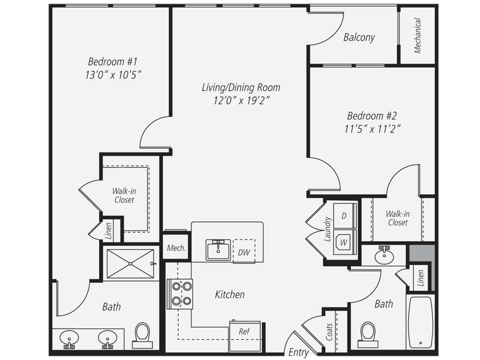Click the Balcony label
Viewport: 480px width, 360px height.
359,37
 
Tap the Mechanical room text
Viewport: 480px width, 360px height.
418,36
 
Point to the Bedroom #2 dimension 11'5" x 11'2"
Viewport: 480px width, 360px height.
372,129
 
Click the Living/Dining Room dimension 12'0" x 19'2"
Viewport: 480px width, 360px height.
241,100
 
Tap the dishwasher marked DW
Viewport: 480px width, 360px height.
244,251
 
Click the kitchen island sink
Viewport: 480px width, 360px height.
218,250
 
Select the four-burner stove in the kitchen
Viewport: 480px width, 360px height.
180,294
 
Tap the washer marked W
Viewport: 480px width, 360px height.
345,242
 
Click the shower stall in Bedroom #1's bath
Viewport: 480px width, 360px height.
130,264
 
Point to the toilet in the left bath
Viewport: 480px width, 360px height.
143,336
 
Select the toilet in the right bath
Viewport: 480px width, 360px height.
367,334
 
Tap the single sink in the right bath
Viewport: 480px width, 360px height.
384,255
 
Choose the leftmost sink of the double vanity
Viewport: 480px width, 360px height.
69,339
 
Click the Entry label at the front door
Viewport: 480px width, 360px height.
298,353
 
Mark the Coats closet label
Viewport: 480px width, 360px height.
329,332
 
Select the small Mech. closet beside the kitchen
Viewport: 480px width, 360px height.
176,247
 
